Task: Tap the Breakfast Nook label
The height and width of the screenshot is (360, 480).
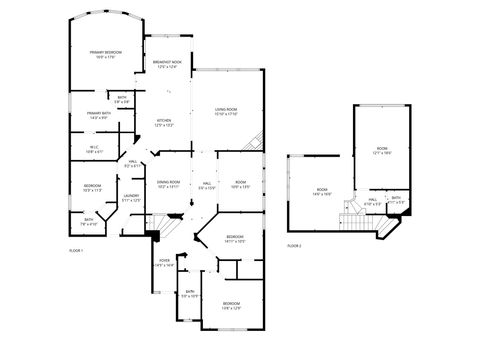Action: click(x=167, y=65)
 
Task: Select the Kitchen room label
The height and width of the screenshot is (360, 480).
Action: click(x=163, y=123)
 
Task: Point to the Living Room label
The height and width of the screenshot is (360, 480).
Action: click(x=226, y=111)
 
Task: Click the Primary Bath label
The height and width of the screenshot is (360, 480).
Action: click(x=98, y=116)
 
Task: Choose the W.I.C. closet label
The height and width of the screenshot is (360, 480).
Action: click(x=92, y=148)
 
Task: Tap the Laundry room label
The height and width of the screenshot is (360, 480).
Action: click(x=131, y=199)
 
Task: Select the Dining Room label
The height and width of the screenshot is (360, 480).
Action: click(x=168, y=184)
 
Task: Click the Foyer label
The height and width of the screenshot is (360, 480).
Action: click(x=165, y=263)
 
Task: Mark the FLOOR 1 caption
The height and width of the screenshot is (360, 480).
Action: click(x=76, y=249)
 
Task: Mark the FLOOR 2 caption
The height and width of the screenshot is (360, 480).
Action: click(x=293, y=245)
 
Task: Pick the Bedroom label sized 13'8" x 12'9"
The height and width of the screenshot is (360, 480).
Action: click(x=231, y=305)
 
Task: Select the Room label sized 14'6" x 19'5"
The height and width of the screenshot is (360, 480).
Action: click(x=322, y=192)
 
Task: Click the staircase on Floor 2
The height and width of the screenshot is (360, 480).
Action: click(x=352, y=220)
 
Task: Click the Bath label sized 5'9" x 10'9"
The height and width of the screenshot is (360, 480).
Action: click(x=188, y=294)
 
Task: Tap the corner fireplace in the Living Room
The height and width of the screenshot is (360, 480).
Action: click(x=257, y=144)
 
